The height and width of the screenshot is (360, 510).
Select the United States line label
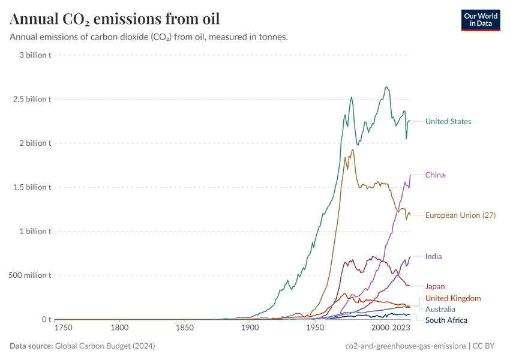click(448, 121)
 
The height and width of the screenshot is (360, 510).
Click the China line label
click(435, 175)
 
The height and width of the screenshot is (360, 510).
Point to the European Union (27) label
click(460, 215)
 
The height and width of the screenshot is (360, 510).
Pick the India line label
click(433, 256)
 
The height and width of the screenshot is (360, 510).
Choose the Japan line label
click(435, 286)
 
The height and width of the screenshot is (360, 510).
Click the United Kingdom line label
click(453, 298)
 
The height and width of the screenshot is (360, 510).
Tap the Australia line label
click(440, 309)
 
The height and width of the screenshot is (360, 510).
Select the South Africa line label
click(446, 320)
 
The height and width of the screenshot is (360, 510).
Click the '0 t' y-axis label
click(46, 319)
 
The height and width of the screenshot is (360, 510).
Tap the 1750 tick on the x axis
click(63, 328)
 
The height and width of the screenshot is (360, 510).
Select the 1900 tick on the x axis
click(249, 328)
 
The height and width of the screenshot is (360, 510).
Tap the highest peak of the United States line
click(386, 86)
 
